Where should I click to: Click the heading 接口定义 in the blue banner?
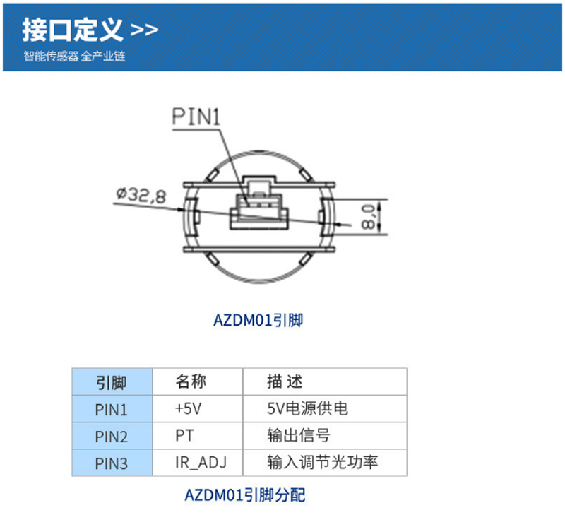coord(73,30)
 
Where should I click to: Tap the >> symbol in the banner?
coord(144,30)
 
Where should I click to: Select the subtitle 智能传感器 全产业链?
coord(75,57)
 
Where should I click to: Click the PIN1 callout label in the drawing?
coord(196,117)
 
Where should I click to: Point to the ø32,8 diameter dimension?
coord(141,196)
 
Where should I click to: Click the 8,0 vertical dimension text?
coord(368,217)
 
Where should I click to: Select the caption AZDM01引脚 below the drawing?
coord(258,320)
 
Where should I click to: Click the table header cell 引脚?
coord(112,382)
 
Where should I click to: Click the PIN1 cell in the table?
coord(112,409)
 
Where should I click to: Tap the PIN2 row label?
coord(112,437)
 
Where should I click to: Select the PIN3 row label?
coord(112,463)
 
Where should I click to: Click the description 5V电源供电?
coord(307,409)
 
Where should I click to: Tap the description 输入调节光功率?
coord(323,463)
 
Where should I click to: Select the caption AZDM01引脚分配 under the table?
coord(245,495)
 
